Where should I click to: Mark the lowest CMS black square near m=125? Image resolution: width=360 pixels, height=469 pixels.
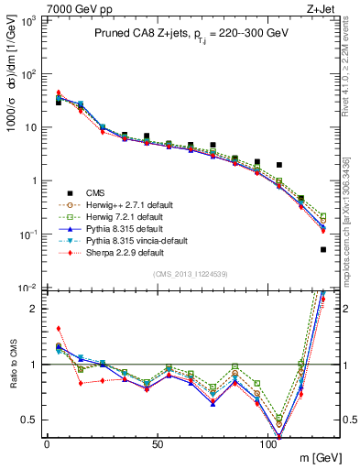323,249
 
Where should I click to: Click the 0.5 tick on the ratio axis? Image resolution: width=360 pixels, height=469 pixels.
30,420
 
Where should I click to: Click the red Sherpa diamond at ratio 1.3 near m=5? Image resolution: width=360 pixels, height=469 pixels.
59,328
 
